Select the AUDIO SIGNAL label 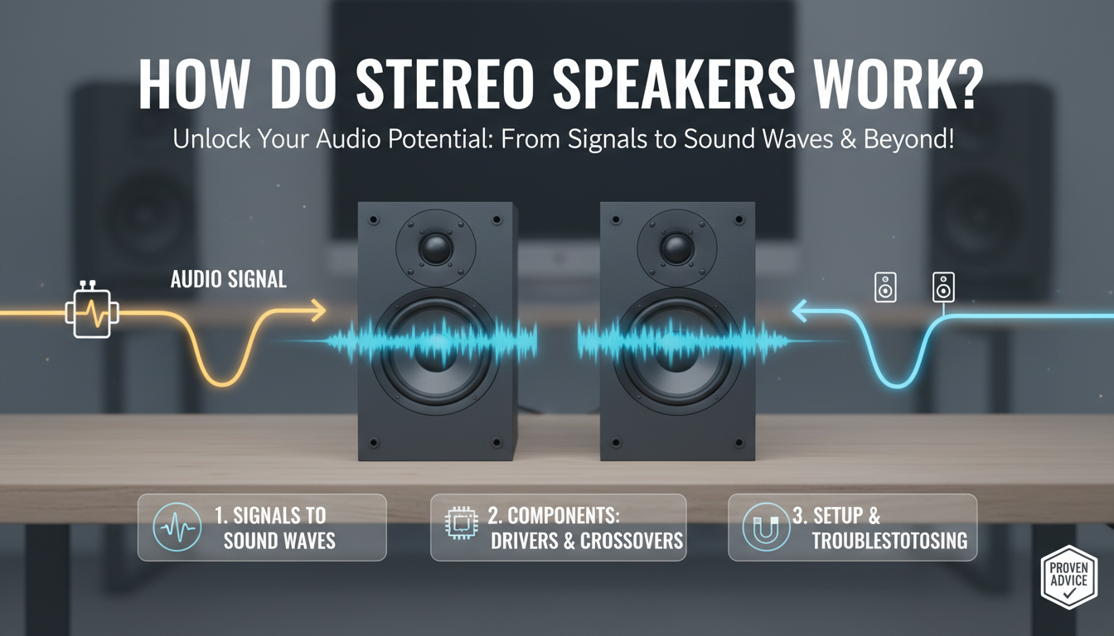[x=229, y=280]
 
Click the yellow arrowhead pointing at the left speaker [x=319, y=311]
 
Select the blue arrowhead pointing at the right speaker [x=801, y=312]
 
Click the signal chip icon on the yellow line [x=91, y=313]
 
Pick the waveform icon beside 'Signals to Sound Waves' [x=177, y=528]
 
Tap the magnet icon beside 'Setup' [x=760, y=528]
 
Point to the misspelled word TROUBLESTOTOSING [x=889, y=541]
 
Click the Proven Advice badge [x=1068, y=576]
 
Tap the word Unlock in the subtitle [x=199, y=138]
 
